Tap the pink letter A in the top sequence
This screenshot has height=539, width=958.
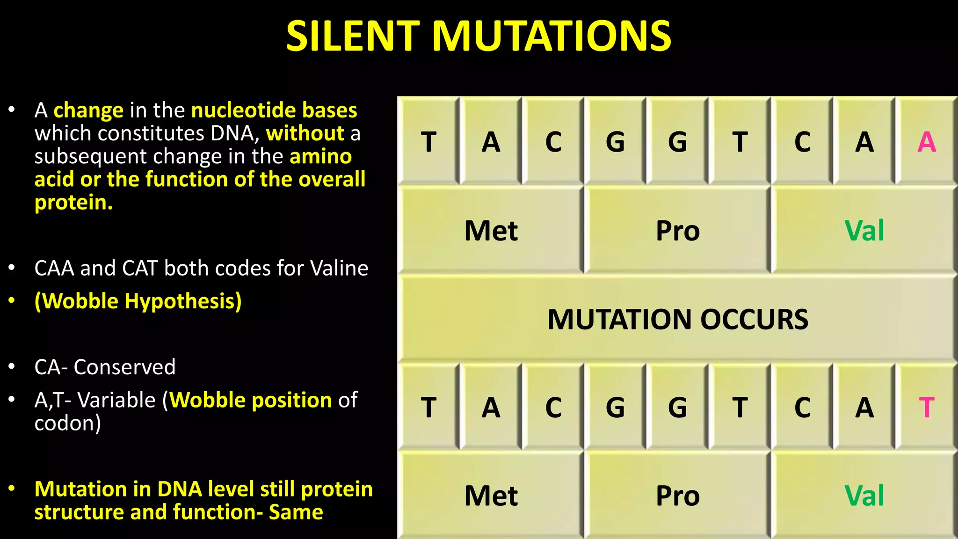click(x=926, y=142)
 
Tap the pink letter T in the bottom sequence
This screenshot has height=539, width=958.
click(x=926, y=408)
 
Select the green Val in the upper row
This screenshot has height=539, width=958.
click(x=864, y=231)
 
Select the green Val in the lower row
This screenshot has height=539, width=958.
click(x=864, y=496)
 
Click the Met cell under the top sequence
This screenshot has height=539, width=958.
click(x=491, y=231)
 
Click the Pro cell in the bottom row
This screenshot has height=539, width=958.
click(x=677, y=496)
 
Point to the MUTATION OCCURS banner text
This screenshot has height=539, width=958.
click(x=677, y=320)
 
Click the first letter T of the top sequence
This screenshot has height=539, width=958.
click(x=428, y=142)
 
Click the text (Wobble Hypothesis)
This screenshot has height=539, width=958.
click(x=138, y=301)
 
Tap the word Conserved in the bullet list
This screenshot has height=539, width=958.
click(x=124, y=367)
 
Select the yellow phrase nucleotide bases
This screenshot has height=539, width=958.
click(x=274, y=110)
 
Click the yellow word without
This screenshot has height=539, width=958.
click(x=305, y=133)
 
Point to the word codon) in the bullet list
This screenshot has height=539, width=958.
click(x=67, y=423)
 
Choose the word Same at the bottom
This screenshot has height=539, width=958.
click(x=296, y=512)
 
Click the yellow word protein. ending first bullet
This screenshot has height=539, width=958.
click(x=73, y=202)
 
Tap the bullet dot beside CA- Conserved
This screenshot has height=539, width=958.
click(x=12, y=366)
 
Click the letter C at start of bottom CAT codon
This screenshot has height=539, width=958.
click(x=802, y=408)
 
